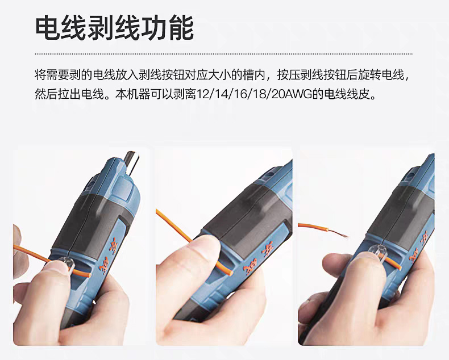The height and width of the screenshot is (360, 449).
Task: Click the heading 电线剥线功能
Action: pos(114,28)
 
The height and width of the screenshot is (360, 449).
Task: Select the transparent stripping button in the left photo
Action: pos(66,263)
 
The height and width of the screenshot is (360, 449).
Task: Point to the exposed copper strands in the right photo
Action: pos(338,233)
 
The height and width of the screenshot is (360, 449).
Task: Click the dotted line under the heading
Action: pos(223,54)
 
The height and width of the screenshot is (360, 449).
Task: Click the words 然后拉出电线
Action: pos(69,94)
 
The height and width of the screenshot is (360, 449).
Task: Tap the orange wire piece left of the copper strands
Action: pos(313,227)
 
